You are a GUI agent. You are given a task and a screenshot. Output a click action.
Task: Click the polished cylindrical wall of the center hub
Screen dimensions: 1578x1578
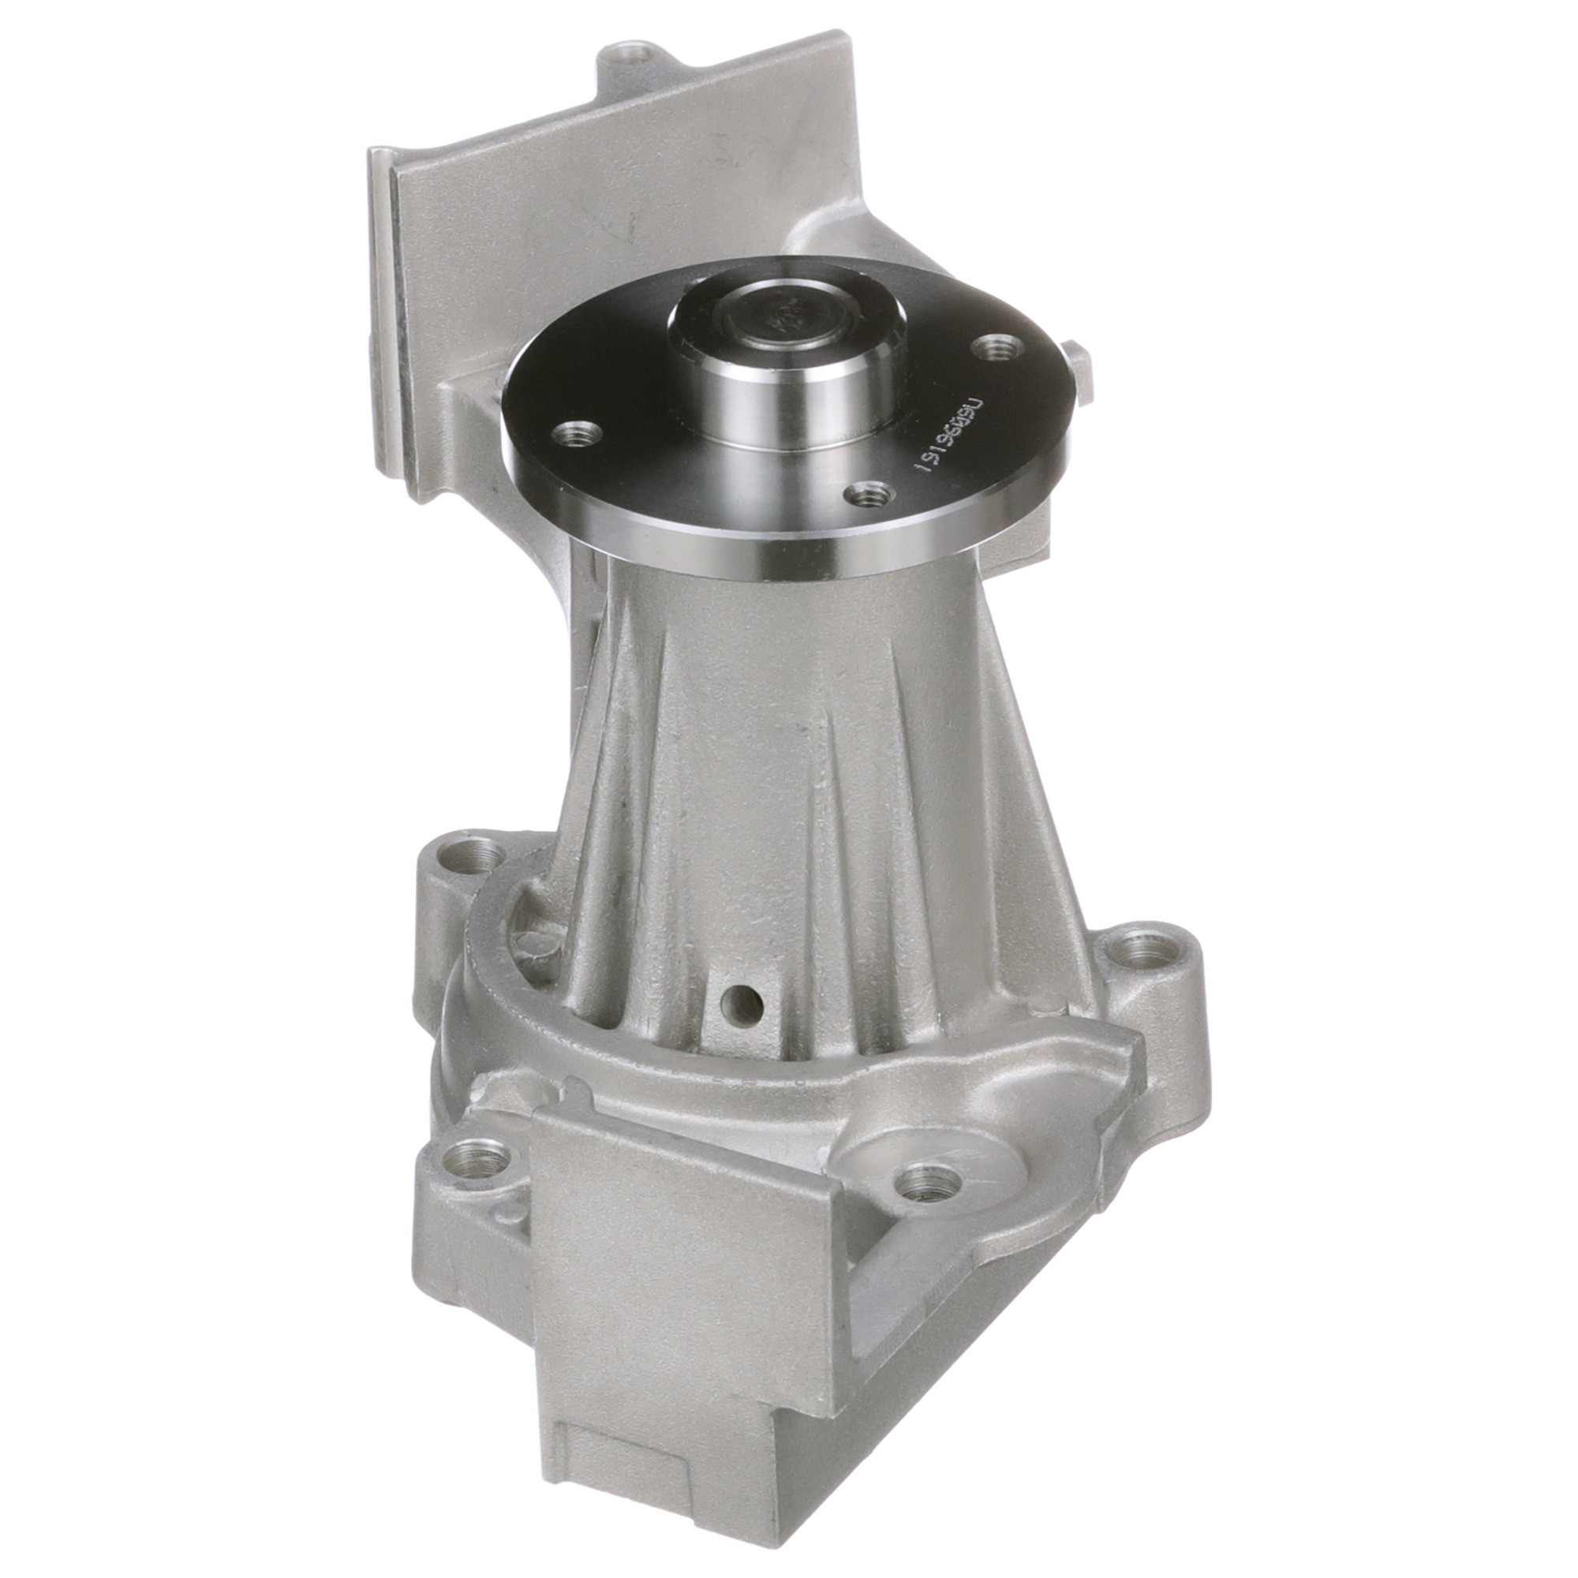click(784, 409)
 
